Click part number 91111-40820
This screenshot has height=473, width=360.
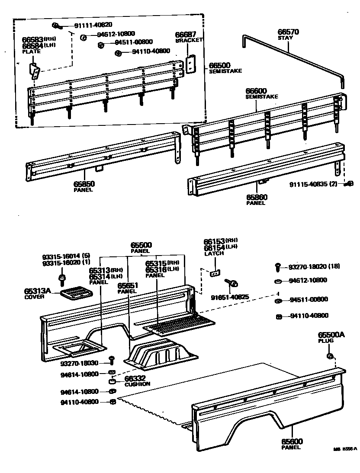(93, 25)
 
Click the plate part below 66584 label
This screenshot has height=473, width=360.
(34, 70)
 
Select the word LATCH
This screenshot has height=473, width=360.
(214, 253)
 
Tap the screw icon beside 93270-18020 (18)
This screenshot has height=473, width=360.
(278, 267)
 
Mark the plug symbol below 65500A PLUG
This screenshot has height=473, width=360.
(329, 356)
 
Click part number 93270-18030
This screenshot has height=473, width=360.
(80, 363)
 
